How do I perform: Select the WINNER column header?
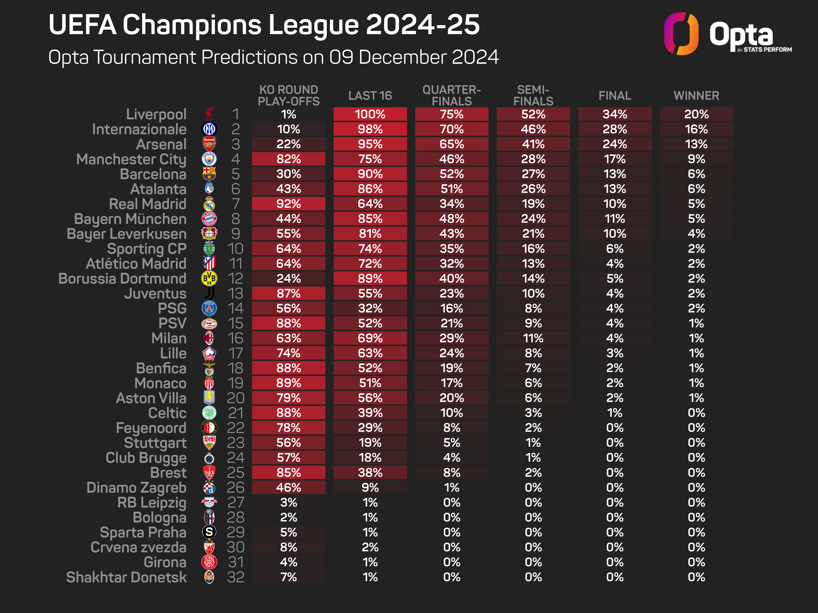(696, 96)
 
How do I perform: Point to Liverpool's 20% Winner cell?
(696, 114)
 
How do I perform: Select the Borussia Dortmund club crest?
(209, 278)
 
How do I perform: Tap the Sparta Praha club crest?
(209, 532)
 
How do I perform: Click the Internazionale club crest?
(209, 129)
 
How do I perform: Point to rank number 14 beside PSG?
(236, 308)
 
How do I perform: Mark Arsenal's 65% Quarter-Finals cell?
(452, 144)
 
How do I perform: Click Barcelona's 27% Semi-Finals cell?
(533, 174)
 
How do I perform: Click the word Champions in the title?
(192, 25)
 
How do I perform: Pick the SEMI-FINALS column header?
(533, 95)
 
